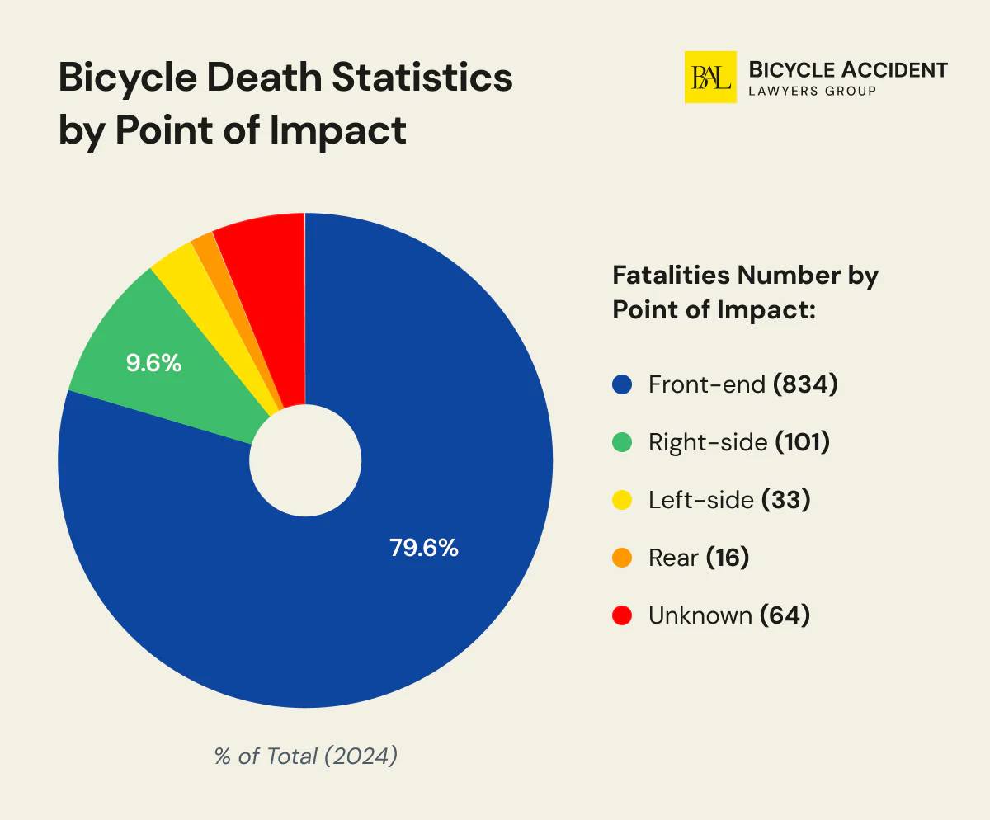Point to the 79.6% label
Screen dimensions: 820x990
[x=423, y=547]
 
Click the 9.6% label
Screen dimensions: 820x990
[x=153, y=363]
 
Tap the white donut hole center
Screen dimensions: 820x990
[x=305, y=460]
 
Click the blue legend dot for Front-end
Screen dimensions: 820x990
[x=622, y=384]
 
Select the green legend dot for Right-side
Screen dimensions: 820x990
[x=622, y=442]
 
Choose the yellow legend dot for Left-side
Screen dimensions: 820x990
[x=622, y=500]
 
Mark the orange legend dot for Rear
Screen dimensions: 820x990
[x=622, y=558]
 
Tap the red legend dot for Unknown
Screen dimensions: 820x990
[x=622, y=615]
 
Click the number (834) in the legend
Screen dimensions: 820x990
[x=805, y=384]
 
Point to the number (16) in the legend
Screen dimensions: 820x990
[x=727, y=558]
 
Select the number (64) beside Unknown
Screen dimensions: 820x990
[x=784, y=615]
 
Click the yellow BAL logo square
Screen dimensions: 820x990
[x=710, y=78]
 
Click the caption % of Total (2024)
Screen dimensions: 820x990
[x=306, y=756]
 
